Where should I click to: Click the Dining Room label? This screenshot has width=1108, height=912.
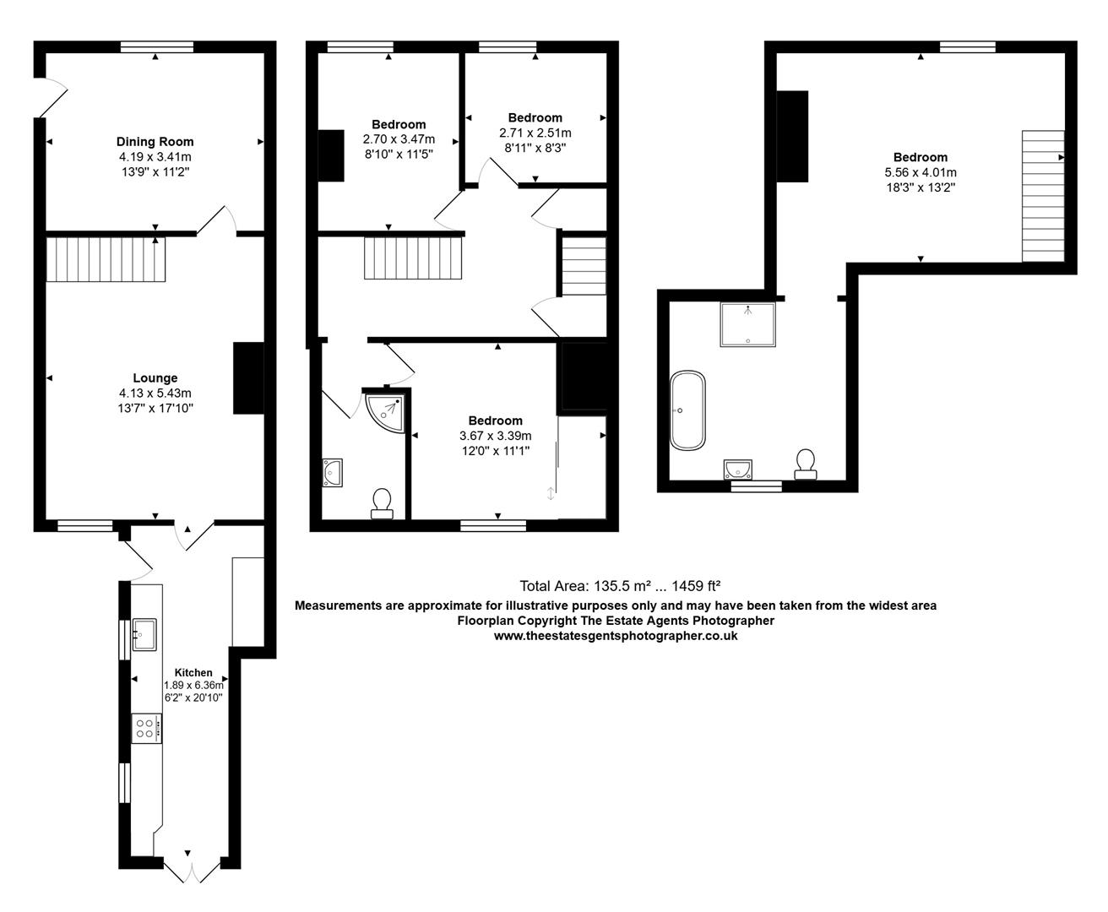coord(155,142)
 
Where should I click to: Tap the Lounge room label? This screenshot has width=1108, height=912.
coord(155,378)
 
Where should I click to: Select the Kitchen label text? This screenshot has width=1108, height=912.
coord(193,673)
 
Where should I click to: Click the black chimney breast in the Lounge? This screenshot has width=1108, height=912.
coord(248,378)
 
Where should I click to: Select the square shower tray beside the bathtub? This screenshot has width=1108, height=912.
coord(747,324)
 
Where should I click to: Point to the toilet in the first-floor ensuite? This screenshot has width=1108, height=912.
coord(382,502)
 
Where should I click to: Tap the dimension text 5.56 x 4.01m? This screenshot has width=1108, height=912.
coord(921,172)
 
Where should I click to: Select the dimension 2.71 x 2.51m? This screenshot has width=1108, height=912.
coord(535,133)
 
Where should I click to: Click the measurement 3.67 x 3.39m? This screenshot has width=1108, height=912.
coord(495,436)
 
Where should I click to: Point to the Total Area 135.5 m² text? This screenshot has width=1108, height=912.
coord(619,586)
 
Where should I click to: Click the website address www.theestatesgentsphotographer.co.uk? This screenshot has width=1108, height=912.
coord(615,636)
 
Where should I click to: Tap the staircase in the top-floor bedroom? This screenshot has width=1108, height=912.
coord(1043,196)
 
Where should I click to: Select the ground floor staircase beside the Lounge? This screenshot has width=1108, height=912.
coord(106,259)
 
